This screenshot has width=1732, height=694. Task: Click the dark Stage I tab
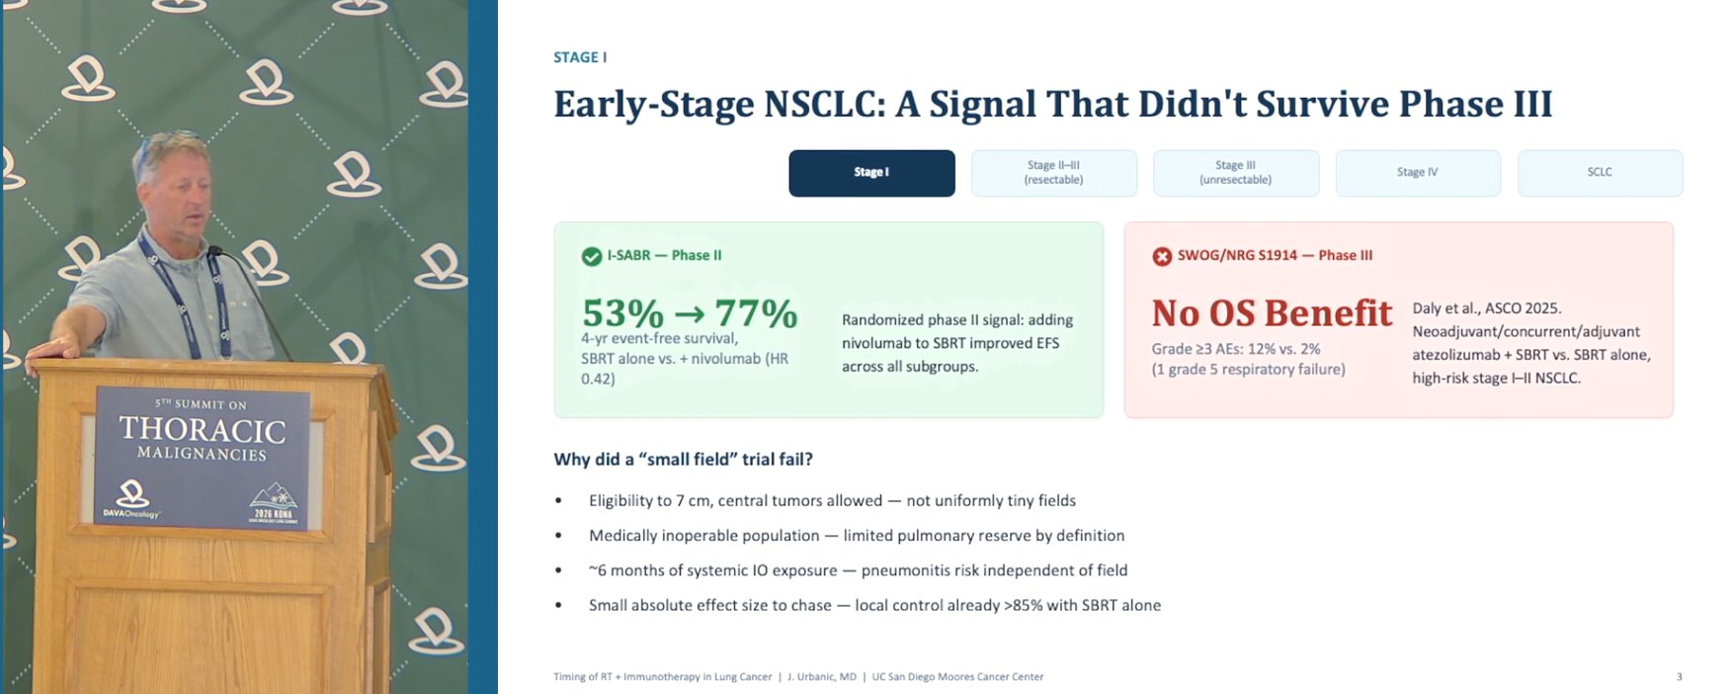(x=871, y=173)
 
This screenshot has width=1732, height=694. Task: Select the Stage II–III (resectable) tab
(x=1053, y=173)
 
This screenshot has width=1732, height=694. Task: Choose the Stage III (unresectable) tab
(x=1236, y=173)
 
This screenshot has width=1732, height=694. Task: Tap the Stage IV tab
(x=1418, y=173)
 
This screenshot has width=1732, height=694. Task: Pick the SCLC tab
(x=1600, y=173)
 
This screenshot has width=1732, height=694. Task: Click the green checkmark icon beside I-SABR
(x=592, y=257)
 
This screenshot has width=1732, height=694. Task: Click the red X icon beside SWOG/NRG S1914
(x=1162, y=257)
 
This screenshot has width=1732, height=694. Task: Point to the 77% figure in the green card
(x=757, y=313)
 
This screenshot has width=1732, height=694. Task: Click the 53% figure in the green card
(x=622, y=313)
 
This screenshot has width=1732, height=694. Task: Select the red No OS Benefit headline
(x=1272, y=313)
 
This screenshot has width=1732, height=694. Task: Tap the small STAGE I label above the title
(x=580, y=57)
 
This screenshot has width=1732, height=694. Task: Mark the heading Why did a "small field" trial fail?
(x=683, y=460)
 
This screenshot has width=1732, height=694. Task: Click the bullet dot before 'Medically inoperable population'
(x=558, y=536)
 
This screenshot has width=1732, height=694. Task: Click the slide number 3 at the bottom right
(x=1679, y=677)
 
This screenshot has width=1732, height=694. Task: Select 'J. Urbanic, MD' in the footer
(x=822, y=677)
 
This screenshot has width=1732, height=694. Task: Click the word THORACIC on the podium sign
(x=203, y=430)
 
